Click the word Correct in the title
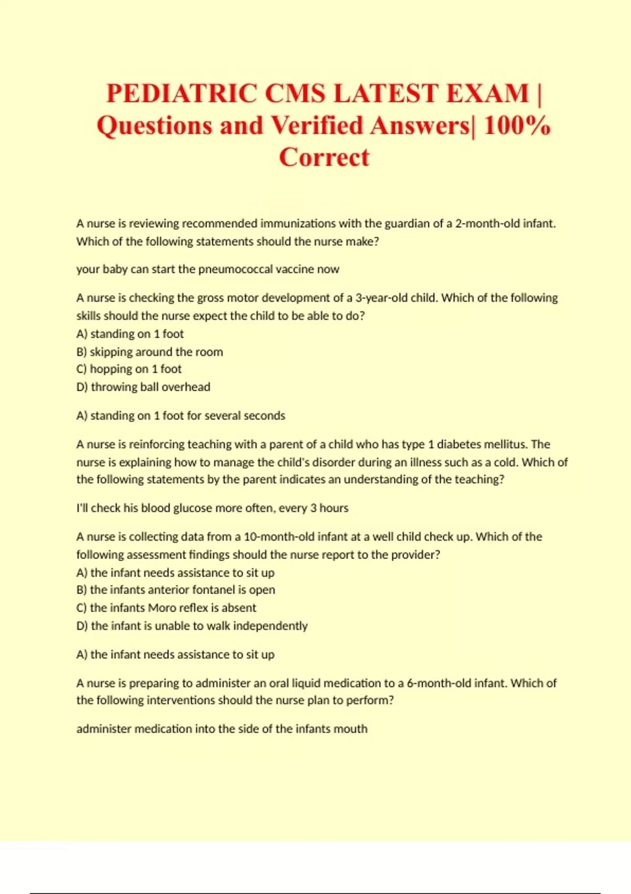click(x=324, y=157)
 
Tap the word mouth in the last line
click(x=352, y=729)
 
